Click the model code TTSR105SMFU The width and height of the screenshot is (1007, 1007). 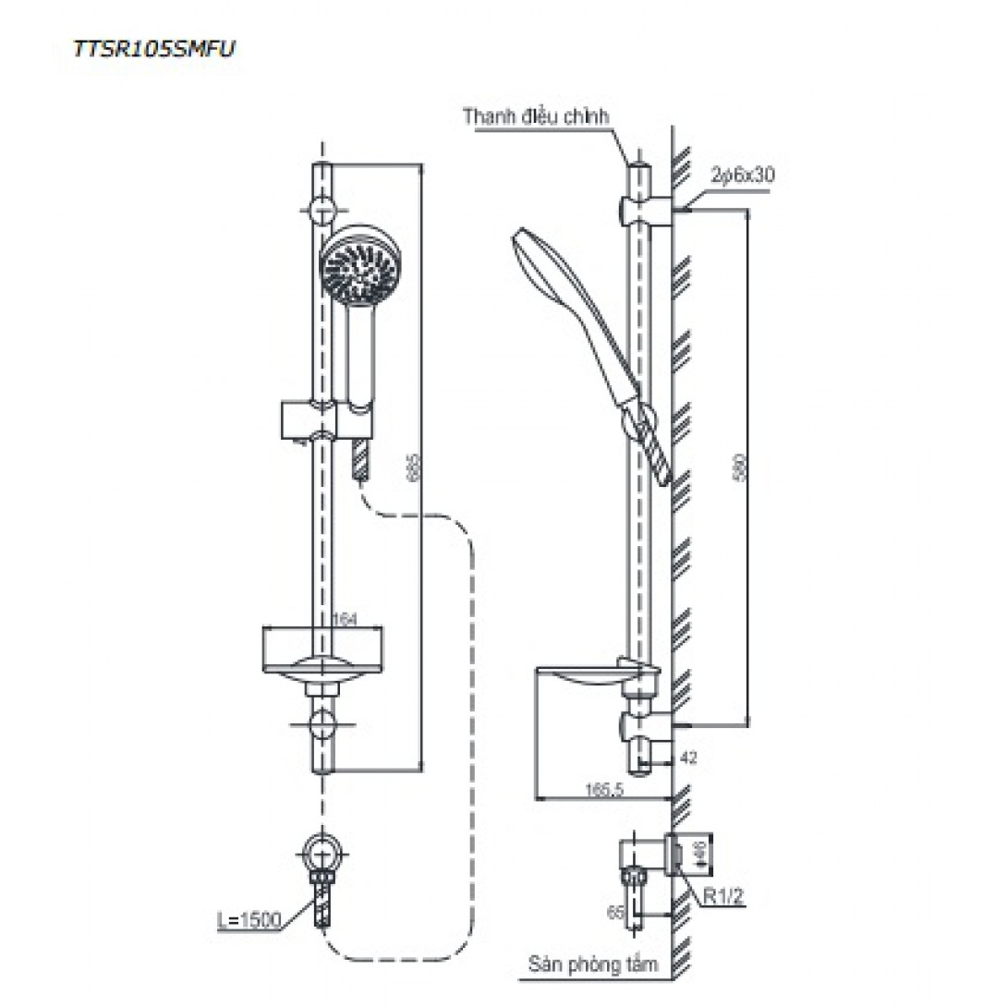point(154,49)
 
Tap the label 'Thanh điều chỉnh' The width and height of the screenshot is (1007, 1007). point(537,117)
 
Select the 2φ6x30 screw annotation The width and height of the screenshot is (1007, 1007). point(742,175)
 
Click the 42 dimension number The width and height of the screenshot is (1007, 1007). point(688,758)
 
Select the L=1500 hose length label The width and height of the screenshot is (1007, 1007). point(251,921)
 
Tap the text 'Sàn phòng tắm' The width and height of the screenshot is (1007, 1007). point(593,965)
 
